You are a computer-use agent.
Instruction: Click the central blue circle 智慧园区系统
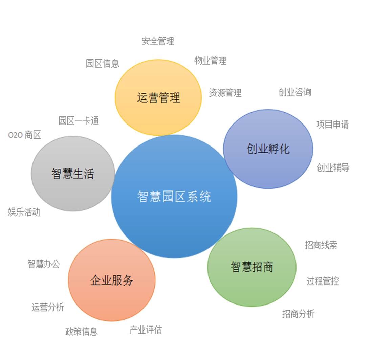[174, 196]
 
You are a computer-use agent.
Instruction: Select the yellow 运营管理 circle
[158, 97]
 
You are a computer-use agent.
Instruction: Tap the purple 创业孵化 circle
[268, 149]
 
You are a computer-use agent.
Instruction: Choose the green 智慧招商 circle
[252, 267]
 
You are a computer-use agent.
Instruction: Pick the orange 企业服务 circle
[112, 280]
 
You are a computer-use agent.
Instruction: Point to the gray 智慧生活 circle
[73, 174]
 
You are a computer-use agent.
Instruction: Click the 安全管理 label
[158, 41]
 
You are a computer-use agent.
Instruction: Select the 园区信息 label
[103, 64]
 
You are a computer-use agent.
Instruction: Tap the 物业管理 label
[210, 61]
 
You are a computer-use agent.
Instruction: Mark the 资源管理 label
[225, 93]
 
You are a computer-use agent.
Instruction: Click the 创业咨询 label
[295, 92]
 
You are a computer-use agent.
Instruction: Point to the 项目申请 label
[333, 125]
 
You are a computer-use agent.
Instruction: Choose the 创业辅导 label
[333, 167]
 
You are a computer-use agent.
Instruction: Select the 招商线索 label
[321, 245]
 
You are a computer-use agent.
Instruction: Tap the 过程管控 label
[323, 281]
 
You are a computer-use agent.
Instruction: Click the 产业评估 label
[146, 330]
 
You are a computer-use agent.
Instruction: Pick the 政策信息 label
[82, 332]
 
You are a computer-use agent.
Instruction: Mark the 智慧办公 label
[44, 264]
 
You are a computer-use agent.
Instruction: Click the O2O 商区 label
[24, 135]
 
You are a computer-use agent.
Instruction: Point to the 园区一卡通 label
[79, 121]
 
